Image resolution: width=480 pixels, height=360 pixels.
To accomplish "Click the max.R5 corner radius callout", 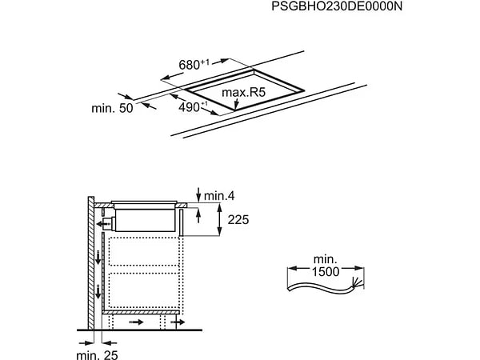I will click(243, 94).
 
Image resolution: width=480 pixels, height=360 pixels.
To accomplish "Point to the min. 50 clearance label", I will click(111, 108).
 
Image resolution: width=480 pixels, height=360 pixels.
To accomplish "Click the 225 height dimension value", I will click(239, 219).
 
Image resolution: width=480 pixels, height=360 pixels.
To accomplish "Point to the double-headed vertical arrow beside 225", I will click(219, 218).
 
